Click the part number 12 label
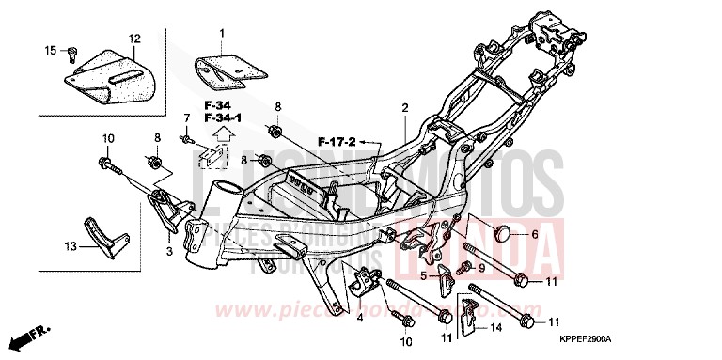point(133,39)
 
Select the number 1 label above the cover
point(222,34)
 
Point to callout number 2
point(405,108)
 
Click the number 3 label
point(168,253)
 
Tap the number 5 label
point(423,275)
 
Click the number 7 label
point(185,117)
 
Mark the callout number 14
point(497,327)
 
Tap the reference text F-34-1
point(224,117)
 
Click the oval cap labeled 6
point(503,234)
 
